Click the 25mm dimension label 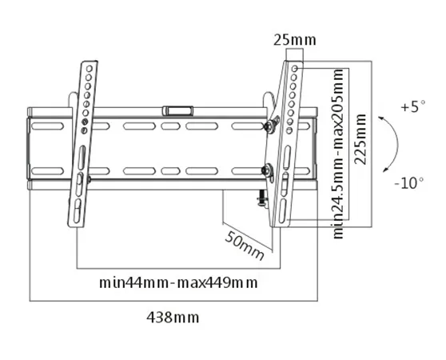pos(295,40)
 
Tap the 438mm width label pos(173,318)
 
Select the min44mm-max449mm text pos(178,283)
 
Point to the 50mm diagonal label pos(245,246)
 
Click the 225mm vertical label pos(360,139)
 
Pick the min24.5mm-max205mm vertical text pos(338,154)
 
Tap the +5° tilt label pos(413,106)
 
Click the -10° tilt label pos(409,182)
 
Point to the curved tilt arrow pos(397,144)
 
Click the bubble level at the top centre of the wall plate pos(177,111)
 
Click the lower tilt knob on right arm pos(268,170)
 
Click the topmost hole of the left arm pos(90,69)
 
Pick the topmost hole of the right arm pos(295,69)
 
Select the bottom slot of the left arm pos(77,211)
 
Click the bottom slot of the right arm pos(283,211)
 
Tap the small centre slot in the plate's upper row pos(171,126)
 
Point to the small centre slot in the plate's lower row pos(171,171)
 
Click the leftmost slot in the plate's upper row pos(47,126)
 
